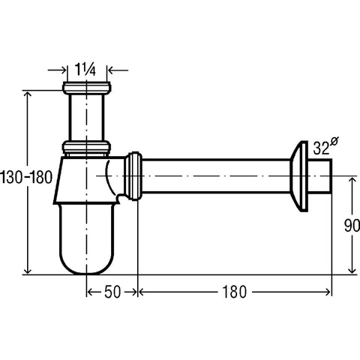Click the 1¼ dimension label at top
click(85, 70)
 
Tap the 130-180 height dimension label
click(26, 177)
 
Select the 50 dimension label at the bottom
click(112, 292)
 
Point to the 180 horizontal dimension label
click(234, 292)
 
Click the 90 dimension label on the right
click(352, 225)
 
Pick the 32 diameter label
click(321, 148)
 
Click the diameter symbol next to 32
click(334, 141)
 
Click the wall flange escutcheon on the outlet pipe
click(299, 176)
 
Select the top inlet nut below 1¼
click(86, 88)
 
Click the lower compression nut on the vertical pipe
click(86, 147)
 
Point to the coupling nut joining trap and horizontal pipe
click(133, 176)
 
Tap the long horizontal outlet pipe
click(216, 176)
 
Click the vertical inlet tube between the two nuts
click(86, 118)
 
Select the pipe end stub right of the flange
click(320, 176)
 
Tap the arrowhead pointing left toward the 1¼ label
click(110, 70)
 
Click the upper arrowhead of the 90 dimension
click(352, 181)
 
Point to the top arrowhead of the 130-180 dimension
click(27, 95)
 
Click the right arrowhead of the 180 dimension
click(328, 292)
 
